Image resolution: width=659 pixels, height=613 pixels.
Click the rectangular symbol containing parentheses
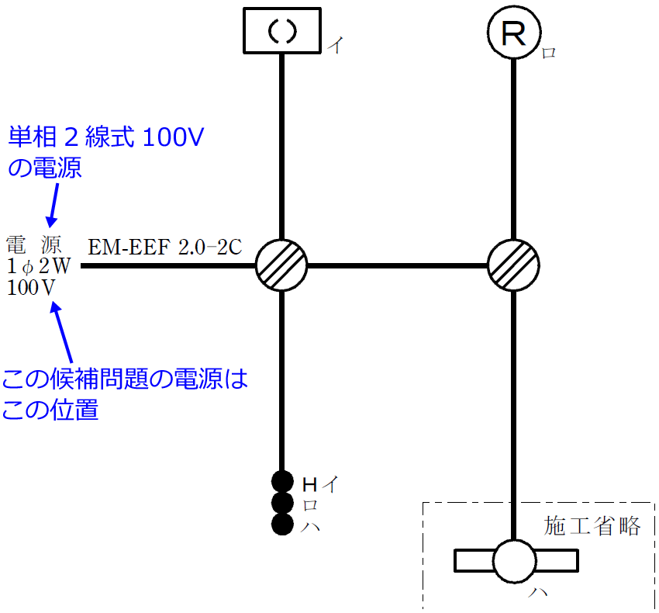(x=281, y=31)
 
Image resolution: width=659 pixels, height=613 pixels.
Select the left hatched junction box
(x=281, y=265)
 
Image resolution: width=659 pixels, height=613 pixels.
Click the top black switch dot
(x=282, y=482)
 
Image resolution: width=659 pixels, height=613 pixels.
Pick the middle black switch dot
(x=282, y=503)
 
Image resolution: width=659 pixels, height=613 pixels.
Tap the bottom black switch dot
(x=282, y=524)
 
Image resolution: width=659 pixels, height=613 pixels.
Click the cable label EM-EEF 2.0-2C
(x=164, y=248)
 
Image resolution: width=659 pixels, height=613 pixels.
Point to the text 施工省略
(x=593, y=526)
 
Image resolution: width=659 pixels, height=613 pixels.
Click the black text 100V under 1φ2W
(x=31, y=287)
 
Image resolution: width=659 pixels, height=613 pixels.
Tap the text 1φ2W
(x=39, y=267)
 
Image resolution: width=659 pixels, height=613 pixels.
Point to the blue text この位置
(x=50, y=410)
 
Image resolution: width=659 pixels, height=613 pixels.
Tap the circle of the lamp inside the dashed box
(x=516, y=561)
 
